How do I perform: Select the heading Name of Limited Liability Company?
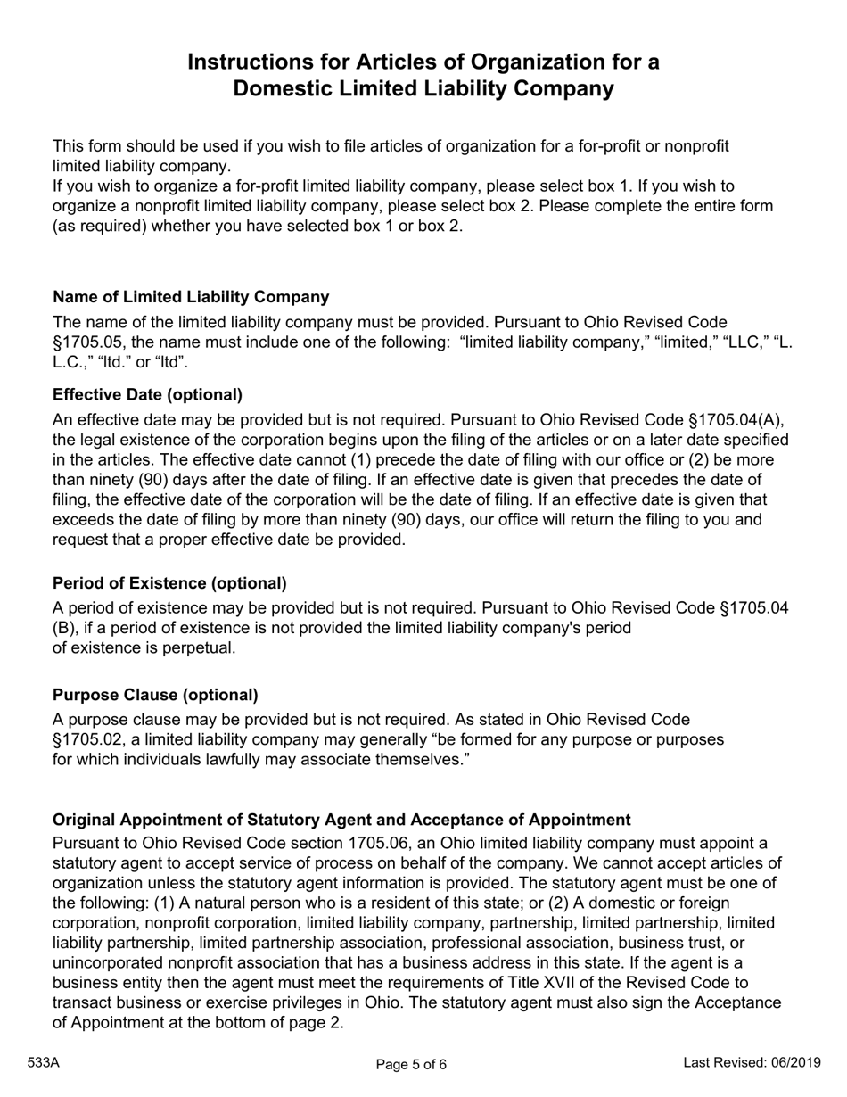pos(191,297)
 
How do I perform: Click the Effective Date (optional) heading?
pos(147,395)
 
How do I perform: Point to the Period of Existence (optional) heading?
pos(169,583)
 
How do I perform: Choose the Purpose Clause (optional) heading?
pos(155,695)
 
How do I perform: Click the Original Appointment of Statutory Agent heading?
pos(341,820)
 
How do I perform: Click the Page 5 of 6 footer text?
pos(411,1063)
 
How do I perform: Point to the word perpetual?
pos(202,648)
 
